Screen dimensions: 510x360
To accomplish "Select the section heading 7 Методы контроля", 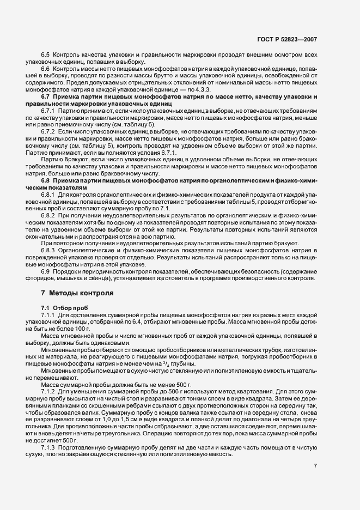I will [x=77, y=293].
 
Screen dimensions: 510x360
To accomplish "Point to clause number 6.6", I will [x=46, y=71].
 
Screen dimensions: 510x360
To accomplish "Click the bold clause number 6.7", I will [x=46, y=96].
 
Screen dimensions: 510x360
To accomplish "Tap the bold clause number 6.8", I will [x=46, y=180].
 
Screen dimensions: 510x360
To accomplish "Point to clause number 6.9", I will [x=46, y=271].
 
